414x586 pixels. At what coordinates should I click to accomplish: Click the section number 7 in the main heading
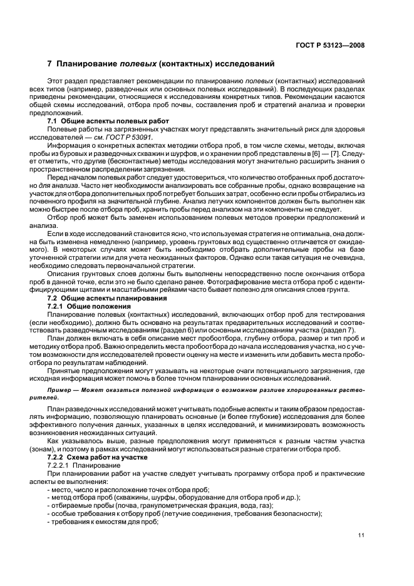(x=50, y=63)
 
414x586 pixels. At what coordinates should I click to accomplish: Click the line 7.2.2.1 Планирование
(x=85, y=466)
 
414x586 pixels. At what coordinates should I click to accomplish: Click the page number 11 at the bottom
(x=361, y=535)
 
